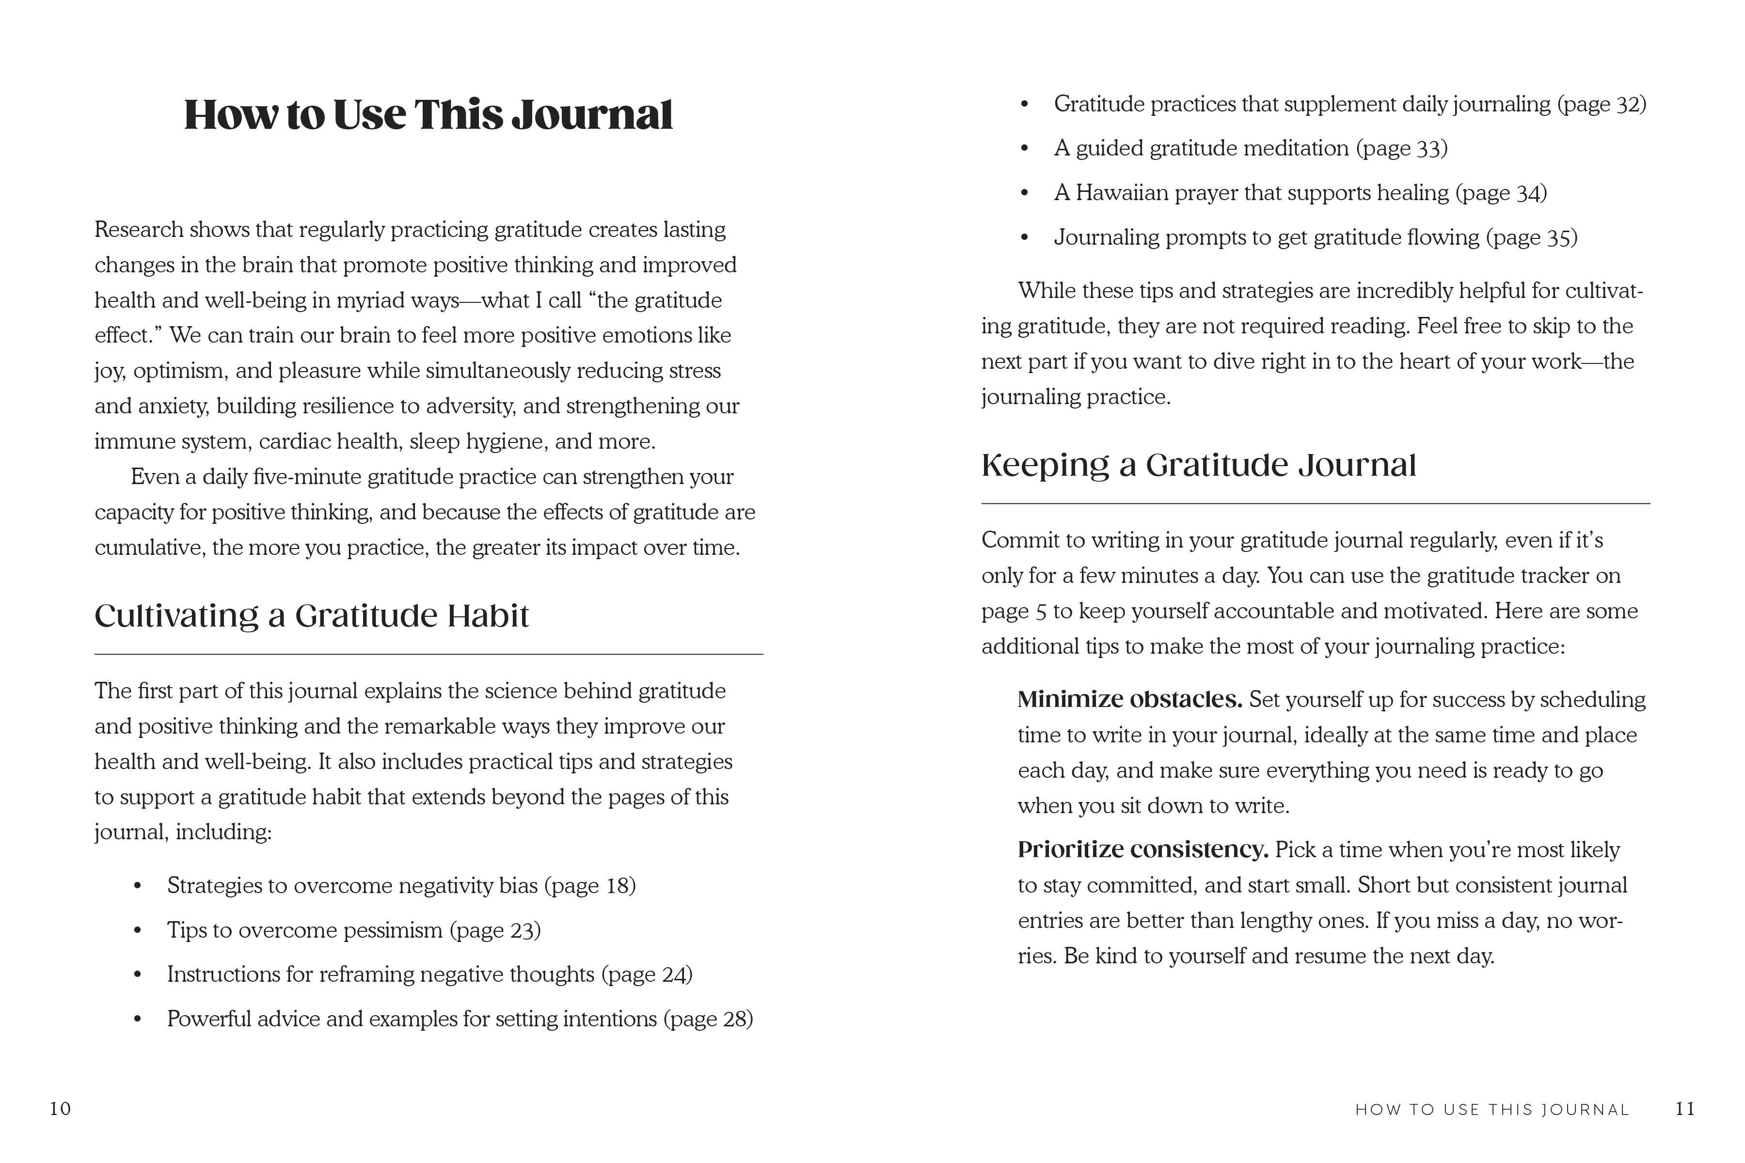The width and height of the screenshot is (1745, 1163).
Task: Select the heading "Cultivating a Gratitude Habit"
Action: click(x=312, y=615)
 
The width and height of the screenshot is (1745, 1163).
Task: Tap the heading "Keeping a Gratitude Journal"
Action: click(x=1198, y=465)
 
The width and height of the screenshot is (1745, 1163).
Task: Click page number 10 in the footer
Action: click(x=60, y=1109)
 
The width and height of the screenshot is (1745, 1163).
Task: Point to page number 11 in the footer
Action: click(x=1685, y=1109)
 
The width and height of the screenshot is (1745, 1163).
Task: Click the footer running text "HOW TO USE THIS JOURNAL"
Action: click(x=1492, y=1110)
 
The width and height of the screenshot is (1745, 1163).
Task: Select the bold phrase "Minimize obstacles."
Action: click(x=1129, y=699)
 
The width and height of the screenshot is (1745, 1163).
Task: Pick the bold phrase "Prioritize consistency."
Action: click(x=1142, y=850)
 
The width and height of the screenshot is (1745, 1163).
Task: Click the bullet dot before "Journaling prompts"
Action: click(x=1025, y=238)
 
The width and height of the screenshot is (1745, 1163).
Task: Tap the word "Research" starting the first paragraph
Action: click(x=139, y=230)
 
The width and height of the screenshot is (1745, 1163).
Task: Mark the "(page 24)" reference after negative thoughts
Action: click(x=646, y=974)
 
